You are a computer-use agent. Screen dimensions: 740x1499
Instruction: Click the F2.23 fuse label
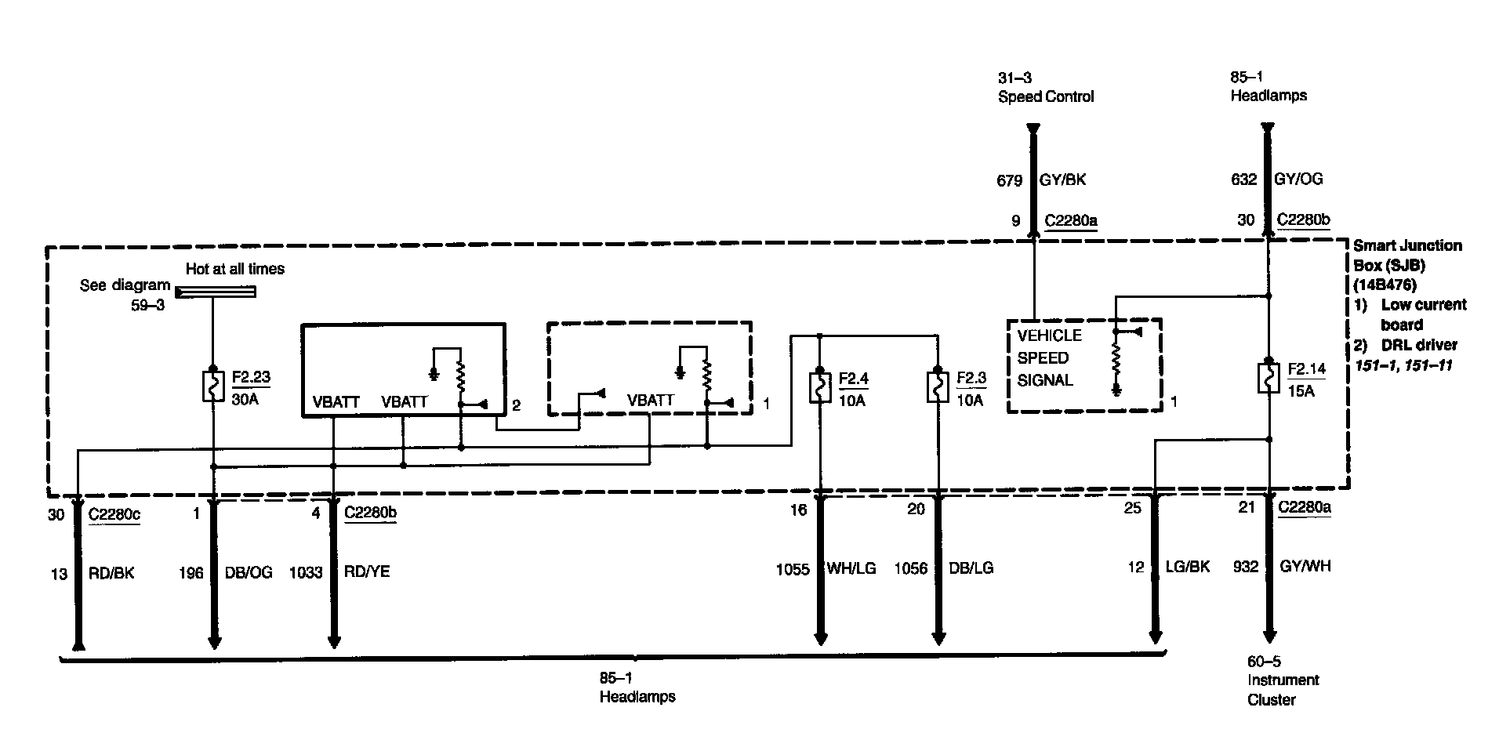(251, 377)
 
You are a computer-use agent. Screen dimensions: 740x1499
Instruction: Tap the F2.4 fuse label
(854, 379)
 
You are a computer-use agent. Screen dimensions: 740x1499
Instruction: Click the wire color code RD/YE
(367, 572)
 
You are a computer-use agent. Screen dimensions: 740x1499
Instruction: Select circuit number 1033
(306, 572)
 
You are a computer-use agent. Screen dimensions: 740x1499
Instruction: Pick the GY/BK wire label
(1062, 180)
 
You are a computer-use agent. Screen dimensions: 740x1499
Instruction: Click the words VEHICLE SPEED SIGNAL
(1049, 358)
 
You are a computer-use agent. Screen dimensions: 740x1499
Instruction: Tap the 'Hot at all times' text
(235, 269)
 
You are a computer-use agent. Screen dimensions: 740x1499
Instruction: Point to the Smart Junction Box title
(1406, 256)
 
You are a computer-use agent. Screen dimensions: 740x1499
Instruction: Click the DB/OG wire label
(248, 572)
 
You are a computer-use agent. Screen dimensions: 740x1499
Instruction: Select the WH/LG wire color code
(851, 568)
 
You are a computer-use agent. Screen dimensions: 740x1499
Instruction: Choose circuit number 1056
(910, 568)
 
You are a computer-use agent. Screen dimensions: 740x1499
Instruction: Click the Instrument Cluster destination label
(1283, 690)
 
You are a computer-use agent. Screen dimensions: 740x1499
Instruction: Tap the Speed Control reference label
(1046, 97)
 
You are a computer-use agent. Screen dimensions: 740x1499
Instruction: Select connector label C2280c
(114, 514)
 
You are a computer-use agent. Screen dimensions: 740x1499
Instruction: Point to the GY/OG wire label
(1298, 179)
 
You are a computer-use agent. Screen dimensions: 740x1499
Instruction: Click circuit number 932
(1245, 566)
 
